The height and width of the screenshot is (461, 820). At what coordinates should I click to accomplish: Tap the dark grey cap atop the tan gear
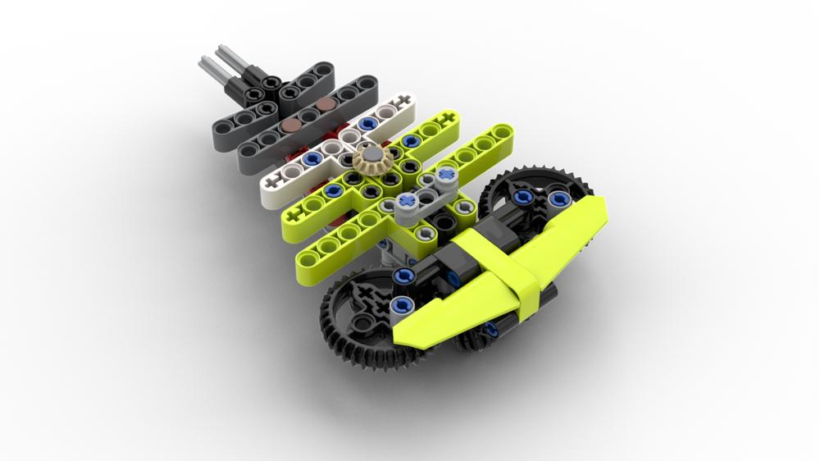pos(371,155)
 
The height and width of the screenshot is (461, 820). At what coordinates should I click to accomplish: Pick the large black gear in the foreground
pos(361,316)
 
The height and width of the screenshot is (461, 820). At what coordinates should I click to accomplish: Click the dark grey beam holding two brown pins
pos(303,123)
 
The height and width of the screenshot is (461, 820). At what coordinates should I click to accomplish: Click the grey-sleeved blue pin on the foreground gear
pos(401,307)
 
